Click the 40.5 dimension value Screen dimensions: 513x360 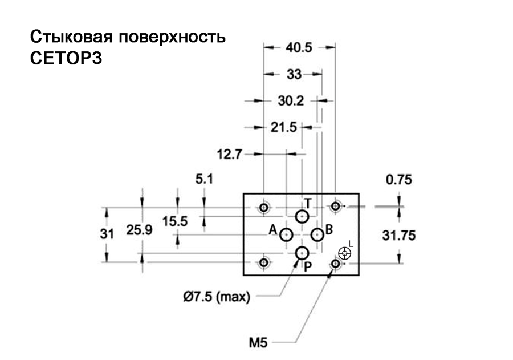click(299, 48)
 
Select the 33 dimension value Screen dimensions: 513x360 click(294, 74)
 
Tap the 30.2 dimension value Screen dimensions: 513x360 click(291, 100)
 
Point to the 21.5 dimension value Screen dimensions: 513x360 click(283, 127)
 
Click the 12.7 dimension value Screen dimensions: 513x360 click(229, 154)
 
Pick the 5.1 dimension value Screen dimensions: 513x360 click(204, 179)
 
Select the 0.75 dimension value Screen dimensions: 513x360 click(399, 180)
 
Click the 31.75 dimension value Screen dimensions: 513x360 click(399, 236)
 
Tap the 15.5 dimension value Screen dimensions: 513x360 click(175, 221)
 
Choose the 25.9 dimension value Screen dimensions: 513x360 click(140, 230)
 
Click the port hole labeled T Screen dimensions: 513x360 click(302, 217)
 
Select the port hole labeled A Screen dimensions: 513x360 click(286, 235)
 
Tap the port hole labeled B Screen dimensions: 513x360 click(317, 235)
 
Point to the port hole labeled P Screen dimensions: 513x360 click(302, 253)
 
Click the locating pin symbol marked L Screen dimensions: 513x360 click(344, 253)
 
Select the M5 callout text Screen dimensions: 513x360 click(258, 343)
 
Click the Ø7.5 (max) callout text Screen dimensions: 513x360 click(217, 297)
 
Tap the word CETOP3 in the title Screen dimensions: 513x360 click(66, 58)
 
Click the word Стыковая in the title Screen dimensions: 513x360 click(72, 37)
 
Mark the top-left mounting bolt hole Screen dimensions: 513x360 click(264, 207)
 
